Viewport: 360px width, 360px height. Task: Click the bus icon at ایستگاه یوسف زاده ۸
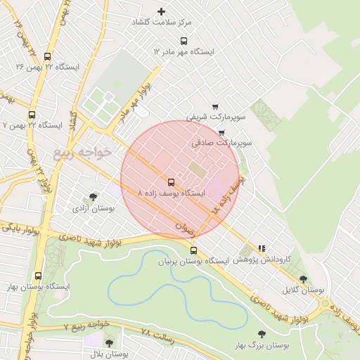pos(171,181)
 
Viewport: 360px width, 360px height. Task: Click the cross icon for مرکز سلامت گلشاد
pos(161,11)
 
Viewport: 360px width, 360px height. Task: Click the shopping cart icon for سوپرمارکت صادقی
pos(222,131)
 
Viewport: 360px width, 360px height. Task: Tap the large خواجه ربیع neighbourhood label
pos(82,152)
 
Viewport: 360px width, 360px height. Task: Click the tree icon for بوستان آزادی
pos(93,198)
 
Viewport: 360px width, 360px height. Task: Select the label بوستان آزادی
pos(93,209)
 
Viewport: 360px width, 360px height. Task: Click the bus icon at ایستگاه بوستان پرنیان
pos(194,250)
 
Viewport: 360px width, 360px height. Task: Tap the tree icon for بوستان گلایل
pos(303,278)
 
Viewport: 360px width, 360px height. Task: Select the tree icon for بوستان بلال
pos(108,342)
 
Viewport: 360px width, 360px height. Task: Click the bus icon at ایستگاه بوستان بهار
pos(37,276)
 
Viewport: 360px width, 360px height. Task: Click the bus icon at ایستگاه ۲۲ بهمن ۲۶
pos(47,56)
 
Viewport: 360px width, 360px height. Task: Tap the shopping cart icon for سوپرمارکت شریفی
pos(215,106)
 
